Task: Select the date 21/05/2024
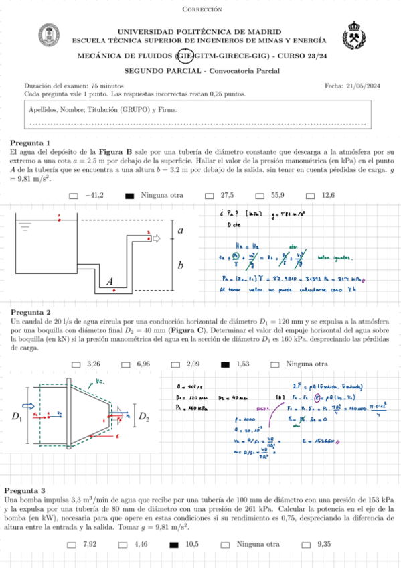tap(362, 86)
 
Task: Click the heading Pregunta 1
tap(30, 143)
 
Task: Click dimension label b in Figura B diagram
tap(179, 266)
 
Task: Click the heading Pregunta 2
tap(30, 312)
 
